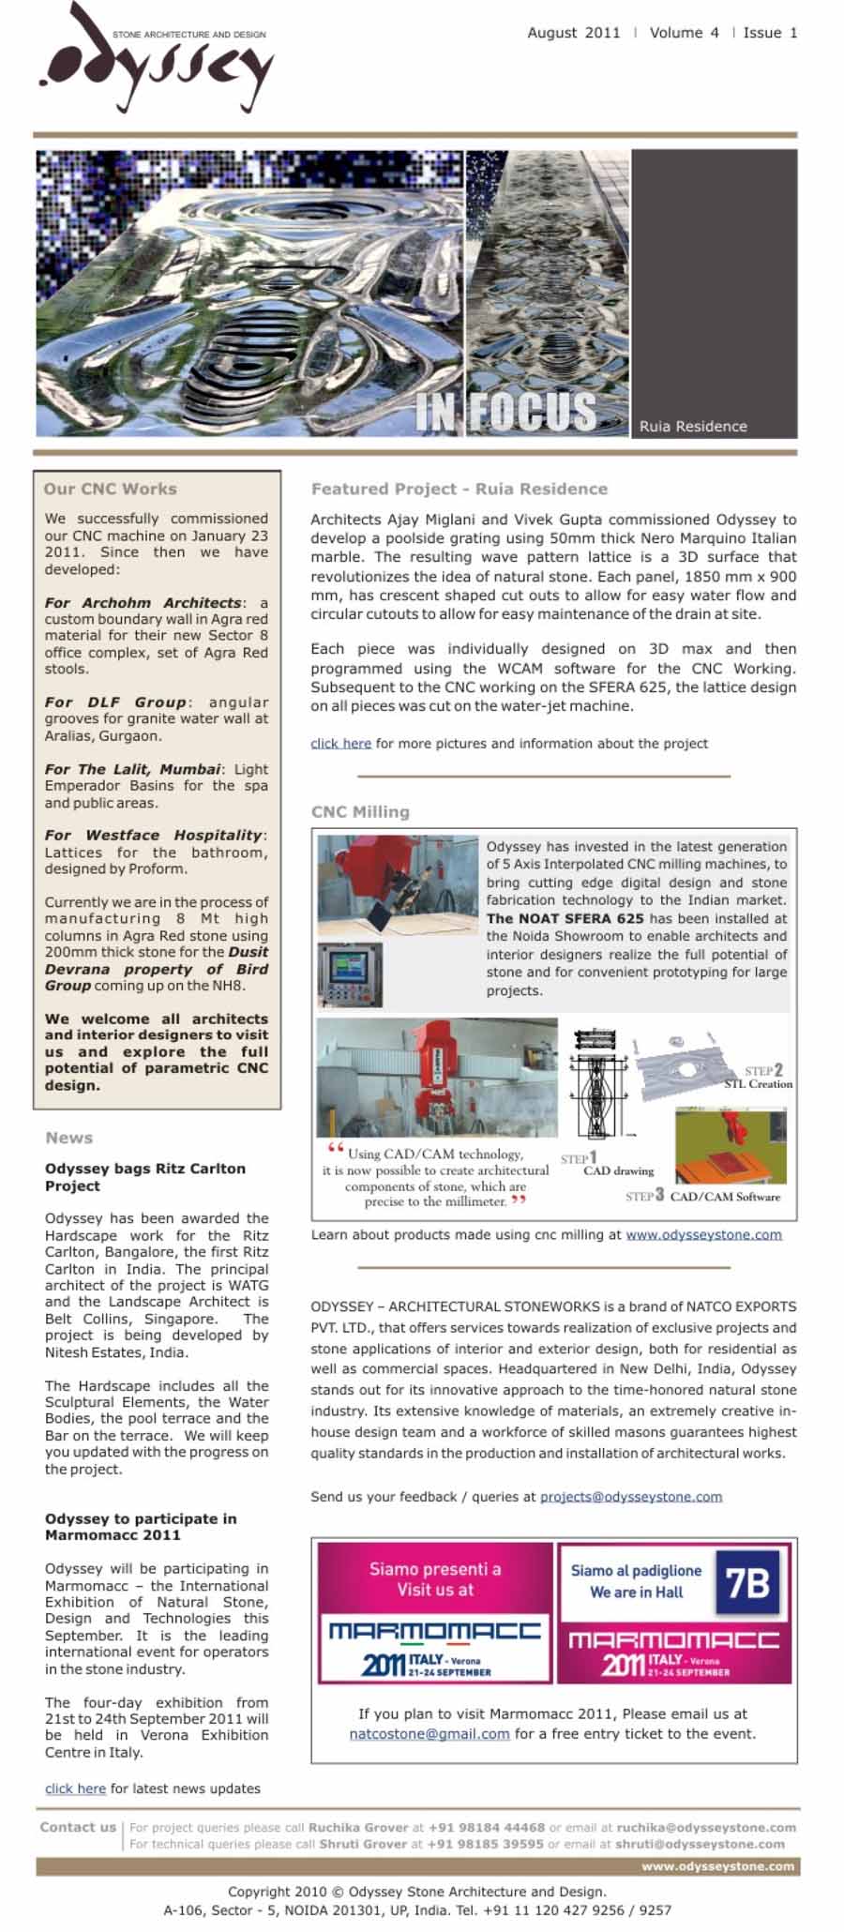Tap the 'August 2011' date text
coord(573,33)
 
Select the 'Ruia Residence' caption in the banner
coord(693,427)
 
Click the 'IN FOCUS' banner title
coord(505,411)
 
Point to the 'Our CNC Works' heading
coord(110,489)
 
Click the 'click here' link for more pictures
coord(340,744)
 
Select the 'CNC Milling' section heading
coord(360,812)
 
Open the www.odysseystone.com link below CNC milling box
coord(703,1234)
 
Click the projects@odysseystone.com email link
coord(631,1497)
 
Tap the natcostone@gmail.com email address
coord(430,1734)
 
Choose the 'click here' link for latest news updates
coord(75,1789)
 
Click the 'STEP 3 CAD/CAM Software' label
coord(703,1196)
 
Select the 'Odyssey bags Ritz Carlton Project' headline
coord(145,1177)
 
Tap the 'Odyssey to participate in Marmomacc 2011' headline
coord(141,1527)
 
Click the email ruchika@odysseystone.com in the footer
coord(706,1827)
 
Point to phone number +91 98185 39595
coord(485,1844)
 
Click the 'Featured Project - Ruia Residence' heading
coord(460,489)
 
